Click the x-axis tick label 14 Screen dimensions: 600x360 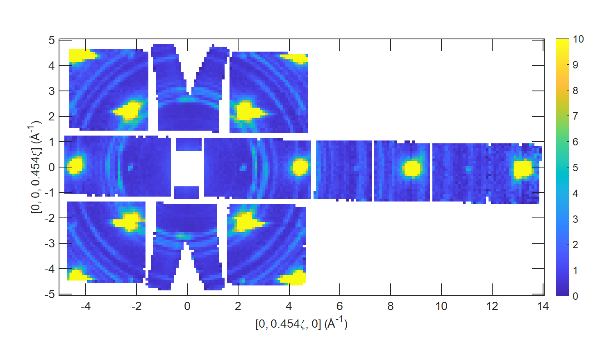543,306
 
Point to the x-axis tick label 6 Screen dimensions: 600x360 340,306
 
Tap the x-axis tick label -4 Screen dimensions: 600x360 86,306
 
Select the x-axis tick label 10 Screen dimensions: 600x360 441,306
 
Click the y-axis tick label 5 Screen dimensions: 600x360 51,41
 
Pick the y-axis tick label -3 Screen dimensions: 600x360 50,244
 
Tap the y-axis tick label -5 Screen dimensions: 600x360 50,294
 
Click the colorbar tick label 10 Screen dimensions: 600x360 578,39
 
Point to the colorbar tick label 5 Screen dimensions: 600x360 575,168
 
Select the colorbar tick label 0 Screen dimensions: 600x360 575,296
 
